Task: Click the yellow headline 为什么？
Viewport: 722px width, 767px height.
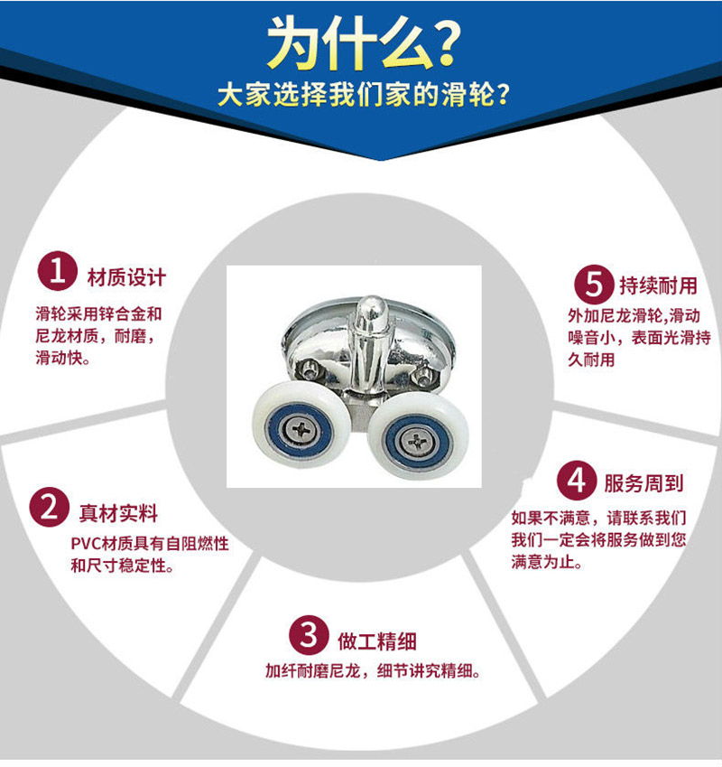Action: pyautogui.click(x=364, y=43)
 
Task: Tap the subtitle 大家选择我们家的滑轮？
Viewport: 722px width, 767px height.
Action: pyautogui.click(x=364, y=94)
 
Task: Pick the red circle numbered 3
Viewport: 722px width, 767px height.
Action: pyautogui.click(x=309, y=635)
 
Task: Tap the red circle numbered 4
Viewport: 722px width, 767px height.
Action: pyautogui.click(x=577, y=481)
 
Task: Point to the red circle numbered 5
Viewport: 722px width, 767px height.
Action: pyautogui.click(x=594, y=285)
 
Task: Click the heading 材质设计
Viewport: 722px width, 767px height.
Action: pyautogui.click(x=126, y=277)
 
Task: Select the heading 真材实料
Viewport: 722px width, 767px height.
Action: pyautogui.click(x=119, y=514)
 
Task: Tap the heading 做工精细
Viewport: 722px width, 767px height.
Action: pyautogui.click(x=377, y=641)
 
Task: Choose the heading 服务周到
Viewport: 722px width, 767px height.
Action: pyautogui.click(x=643, y=483)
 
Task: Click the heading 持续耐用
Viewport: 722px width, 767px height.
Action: pyautogui.click(x=659, y=285)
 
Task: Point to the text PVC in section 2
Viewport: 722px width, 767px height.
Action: pyautogui.click(x=85, y=544)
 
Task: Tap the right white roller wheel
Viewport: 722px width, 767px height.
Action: pyautogui.click(x=418, y=438)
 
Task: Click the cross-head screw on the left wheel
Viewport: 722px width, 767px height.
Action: pyautogui.click(x=301, y=430)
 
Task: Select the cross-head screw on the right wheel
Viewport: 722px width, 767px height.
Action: pyautogui.click(x=417, y=442)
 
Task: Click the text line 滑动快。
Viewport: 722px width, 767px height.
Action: pyautogui.click(x=63, y=358)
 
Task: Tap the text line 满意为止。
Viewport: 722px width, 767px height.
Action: pyautogui.click(x=547, y=562)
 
